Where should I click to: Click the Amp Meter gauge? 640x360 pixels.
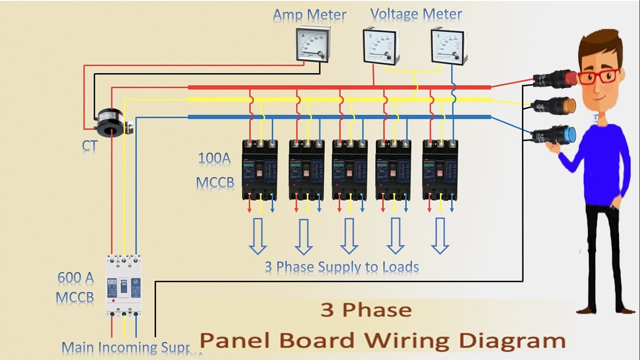312,44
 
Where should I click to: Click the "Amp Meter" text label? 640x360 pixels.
309,14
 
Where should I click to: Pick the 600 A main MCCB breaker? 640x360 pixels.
123,285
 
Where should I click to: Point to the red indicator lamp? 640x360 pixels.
555,78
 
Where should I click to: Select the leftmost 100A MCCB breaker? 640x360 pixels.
259,169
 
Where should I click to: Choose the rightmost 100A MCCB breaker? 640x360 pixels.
440,169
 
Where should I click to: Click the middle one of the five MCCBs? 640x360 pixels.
350,169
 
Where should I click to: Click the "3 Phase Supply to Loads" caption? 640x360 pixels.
341,266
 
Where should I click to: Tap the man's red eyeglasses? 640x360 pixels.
599,76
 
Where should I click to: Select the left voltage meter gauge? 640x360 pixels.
381,46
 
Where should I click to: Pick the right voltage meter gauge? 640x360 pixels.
449,46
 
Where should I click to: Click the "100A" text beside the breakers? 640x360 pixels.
214,159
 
